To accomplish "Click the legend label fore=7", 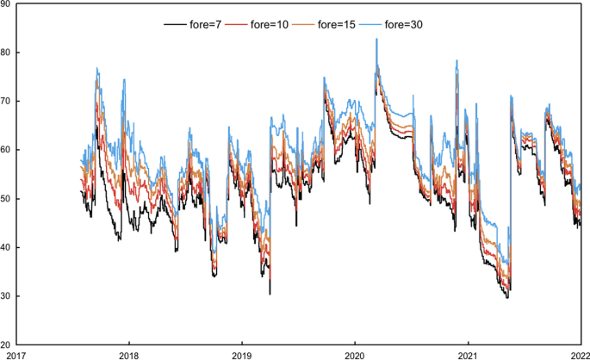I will (x=208, y=25).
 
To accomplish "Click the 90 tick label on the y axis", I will (x=6, y=4).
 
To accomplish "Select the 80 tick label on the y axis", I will (x=6, y=53).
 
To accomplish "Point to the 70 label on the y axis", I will (x=6, y=102).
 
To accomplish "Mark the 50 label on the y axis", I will (x=6, y=199).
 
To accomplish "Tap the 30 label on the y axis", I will (x=6, y=296).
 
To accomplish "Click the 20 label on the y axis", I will (x=6, y=344).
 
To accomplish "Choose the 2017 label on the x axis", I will (x=16, y=354).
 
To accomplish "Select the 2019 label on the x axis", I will (x=242, y=354).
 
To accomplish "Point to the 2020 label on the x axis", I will (x=355, y=354).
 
